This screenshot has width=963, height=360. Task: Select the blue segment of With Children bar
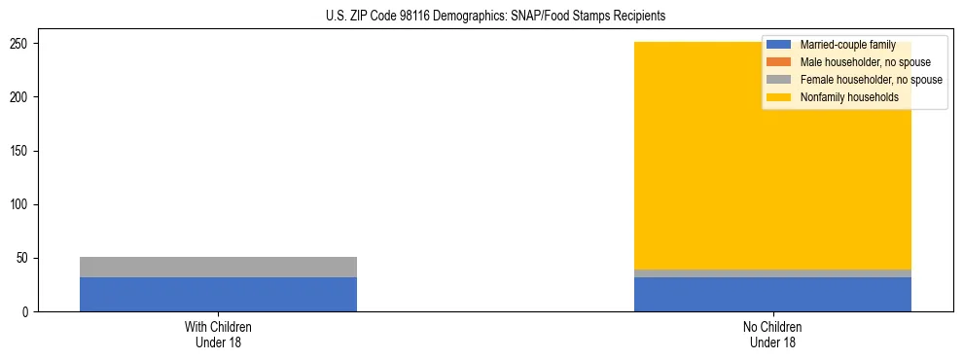click(218, 294)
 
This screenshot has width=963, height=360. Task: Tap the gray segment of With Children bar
click(218, 267)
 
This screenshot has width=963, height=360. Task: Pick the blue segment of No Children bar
click(772, 295)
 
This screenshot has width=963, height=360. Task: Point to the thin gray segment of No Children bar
click(772, 273)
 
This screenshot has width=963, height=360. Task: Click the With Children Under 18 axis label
click(218, 334)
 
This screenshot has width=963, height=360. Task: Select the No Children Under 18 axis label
click(772, 334)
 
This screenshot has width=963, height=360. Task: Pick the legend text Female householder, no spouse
click(871, 80)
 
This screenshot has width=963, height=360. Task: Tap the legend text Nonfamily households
click(848, 97)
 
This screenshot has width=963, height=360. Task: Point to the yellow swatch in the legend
click(778, 97)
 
